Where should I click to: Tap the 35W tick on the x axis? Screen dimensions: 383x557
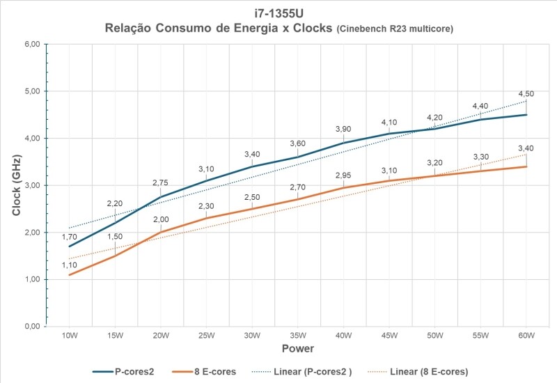(298, 335)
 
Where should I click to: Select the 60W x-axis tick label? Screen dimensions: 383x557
(526, 335)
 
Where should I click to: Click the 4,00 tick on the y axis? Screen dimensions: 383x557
(31, 139)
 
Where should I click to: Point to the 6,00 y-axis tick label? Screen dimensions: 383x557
(31, 45)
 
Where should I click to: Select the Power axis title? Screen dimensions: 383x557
(297, 347)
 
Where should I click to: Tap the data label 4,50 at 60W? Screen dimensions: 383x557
(526, 95)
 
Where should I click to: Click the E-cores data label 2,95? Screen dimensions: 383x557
(344, 175)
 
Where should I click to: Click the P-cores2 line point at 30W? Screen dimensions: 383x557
(252, 166)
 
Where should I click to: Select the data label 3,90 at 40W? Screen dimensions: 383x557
(344, 130)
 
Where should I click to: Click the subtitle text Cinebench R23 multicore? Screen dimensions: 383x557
(395, 29)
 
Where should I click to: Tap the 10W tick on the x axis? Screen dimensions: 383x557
(69, 335)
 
